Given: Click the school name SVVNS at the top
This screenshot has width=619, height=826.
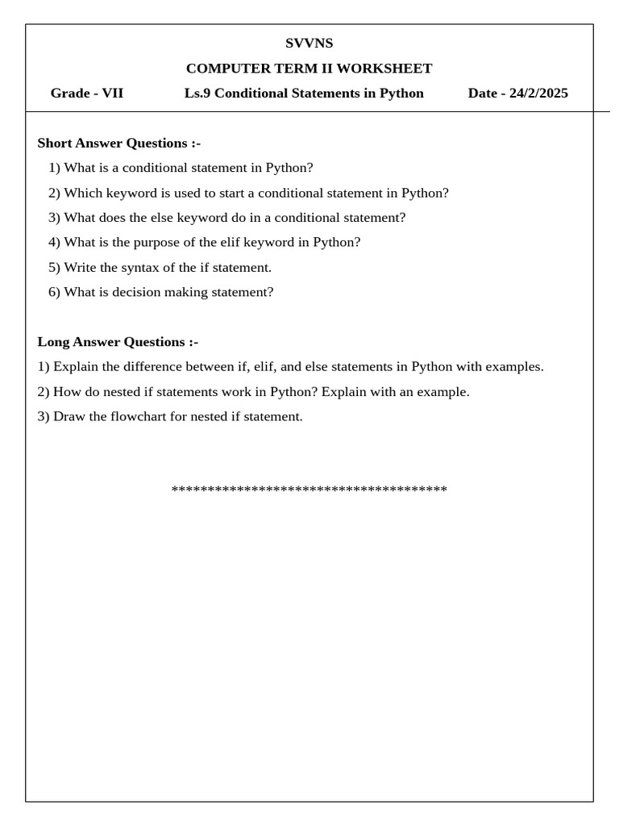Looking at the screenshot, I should tap(309, 44).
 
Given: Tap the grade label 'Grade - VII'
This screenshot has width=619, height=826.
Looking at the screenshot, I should tap(87, 94).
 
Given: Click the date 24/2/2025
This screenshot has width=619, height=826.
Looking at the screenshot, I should tap(538, 94).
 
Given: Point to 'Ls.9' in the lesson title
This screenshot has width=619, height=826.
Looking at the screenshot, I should tap(197, 94).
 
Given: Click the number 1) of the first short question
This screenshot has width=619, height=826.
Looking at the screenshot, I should tap(54, 168).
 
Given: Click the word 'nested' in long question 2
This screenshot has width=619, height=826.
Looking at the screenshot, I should tap(125, 392).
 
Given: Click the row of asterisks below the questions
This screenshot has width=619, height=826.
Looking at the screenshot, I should tap(309, 490).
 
